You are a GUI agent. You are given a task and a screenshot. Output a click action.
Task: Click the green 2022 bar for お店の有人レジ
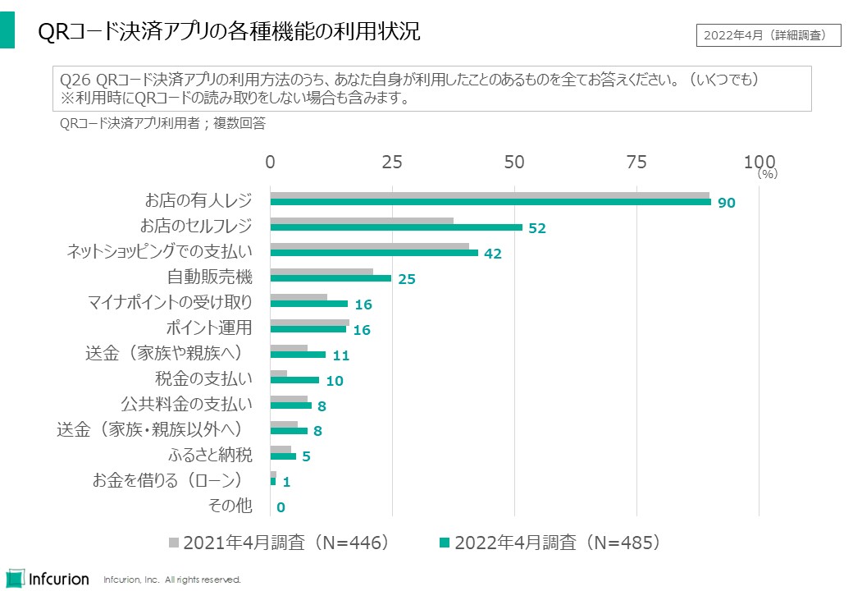point(490,202)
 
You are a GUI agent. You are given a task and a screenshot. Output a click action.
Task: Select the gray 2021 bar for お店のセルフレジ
point(362,221)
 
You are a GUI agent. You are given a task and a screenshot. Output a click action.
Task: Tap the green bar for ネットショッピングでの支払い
point(374,253)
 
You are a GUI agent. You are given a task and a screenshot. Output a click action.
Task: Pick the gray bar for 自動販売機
point(322,272)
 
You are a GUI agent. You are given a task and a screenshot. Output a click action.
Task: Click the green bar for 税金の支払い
point(294,380)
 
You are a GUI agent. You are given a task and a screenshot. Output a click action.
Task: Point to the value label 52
point(537,229)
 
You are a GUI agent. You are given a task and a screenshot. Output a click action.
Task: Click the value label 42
point(492,254)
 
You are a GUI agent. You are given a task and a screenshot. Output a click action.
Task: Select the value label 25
point(407,280)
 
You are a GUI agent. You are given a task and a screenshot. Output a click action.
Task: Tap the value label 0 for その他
point(281,508)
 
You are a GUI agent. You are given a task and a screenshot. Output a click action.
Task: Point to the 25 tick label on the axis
point(392,162)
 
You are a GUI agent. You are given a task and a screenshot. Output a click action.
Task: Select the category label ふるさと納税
point(210,454)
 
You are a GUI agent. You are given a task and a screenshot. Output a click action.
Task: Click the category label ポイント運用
point(209,328)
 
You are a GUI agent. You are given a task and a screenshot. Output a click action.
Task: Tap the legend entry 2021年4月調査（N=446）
point(279,543)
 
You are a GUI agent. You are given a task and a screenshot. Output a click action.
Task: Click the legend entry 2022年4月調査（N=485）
point(550,543)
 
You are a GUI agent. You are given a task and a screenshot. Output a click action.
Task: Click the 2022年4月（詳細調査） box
point(769,35)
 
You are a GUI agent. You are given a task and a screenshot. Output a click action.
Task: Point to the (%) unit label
point(767,174)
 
